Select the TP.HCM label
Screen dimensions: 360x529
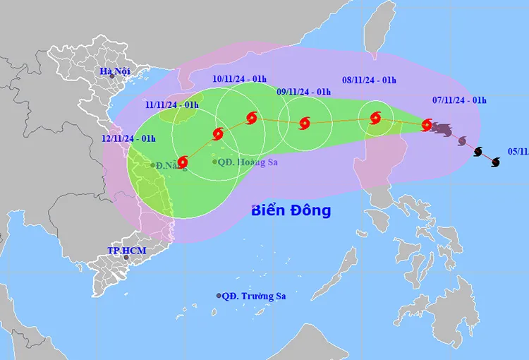tap(121, 250)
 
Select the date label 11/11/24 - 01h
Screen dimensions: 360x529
tap(172, 105)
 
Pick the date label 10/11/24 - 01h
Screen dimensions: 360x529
tap(240, 78)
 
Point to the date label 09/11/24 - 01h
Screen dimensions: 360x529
tap(304, 92)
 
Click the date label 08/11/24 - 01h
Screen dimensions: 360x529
tap(369, 80)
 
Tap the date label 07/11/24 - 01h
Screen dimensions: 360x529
tap(460, 100)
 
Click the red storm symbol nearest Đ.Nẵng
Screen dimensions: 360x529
tap(183, 162)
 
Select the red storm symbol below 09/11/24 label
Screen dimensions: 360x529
tap(304, 124)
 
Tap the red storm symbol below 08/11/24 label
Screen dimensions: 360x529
tap(375, 118)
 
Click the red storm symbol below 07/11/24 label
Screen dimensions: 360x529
tap(427, 126)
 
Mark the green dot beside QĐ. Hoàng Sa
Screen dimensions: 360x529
tap(215, 162)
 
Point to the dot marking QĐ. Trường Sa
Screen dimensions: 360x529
tap(219, 296)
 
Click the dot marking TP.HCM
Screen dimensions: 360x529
tap(126, 257)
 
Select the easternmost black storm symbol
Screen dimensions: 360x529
tap(495, 162)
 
